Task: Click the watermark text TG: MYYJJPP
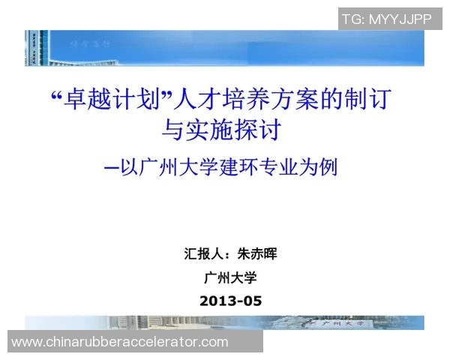(x=386, y=19)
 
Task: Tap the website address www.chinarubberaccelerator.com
(x=120, y=342)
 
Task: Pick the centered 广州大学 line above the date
(x=231, y=277)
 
